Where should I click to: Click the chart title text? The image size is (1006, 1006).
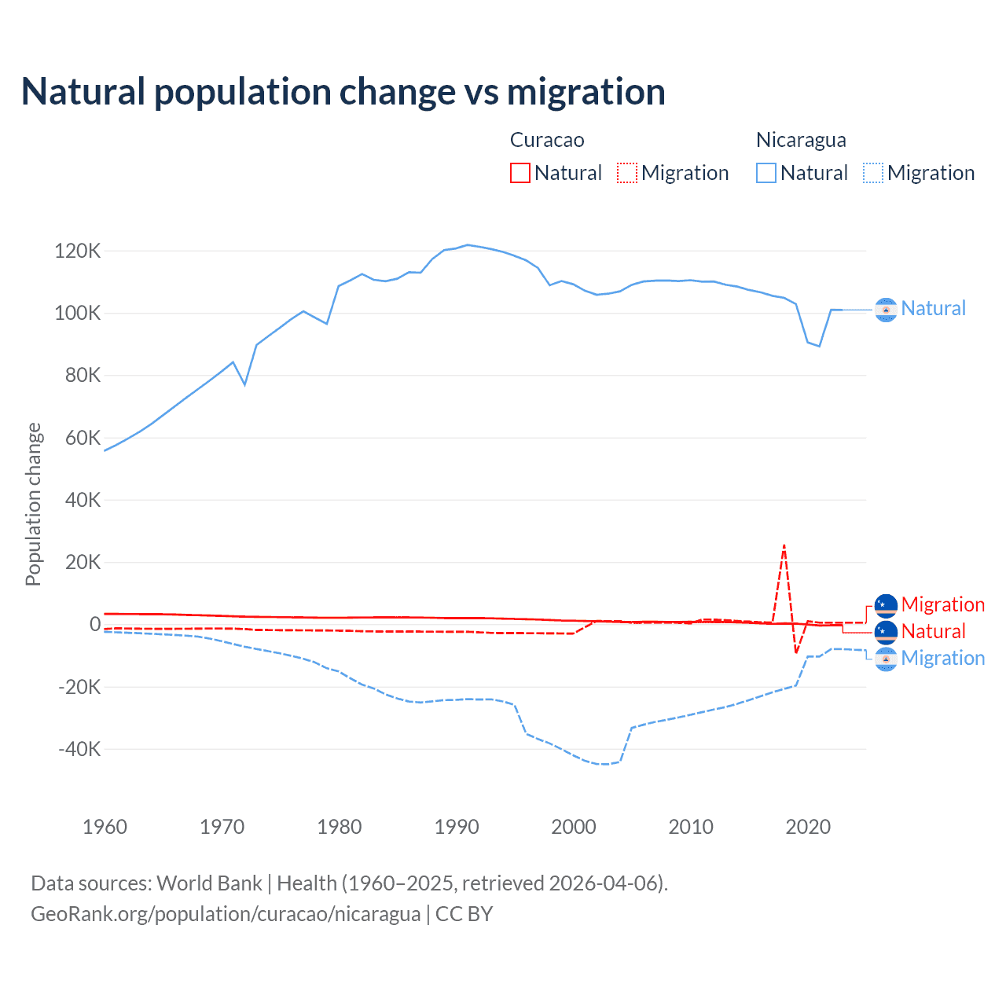343,92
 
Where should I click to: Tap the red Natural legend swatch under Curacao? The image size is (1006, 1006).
520,173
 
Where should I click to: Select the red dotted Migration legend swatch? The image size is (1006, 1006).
627,173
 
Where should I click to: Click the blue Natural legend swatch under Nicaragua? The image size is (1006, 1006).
766,173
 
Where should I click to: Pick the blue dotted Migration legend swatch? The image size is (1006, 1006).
873,173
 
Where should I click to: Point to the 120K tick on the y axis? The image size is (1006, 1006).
78,251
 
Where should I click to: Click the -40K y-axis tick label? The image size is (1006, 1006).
79,749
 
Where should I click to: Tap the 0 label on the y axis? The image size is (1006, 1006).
95,625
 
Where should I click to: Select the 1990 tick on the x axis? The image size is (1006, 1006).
457,827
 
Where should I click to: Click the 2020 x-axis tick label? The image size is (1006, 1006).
808,827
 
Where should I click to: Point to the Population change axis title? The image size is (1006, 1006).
33,504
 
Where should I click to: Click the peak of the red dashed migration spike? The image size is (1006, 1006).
784,545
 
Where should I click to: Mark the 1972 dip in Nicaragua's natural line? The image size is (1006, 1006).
245,384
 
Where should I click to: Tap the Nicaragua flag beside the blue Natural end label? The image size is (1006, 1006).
886,310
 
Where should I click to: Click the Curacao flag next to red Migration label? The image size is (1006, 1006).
886,605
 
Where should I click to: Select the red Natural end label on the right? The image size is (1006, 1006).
933,631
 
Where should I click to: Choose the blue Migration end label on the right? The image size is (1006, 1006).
942,658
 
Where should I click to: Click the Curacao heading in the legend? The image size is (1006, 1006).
547,140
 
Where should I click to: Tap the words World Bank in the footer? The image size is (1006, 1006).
209,883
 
